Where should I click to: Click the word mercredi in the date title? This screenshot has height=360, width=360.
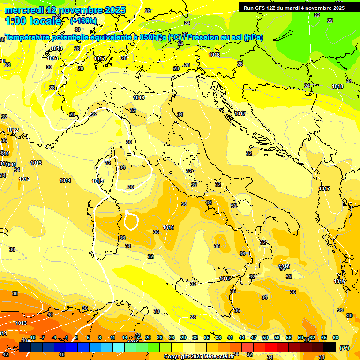(23, 10)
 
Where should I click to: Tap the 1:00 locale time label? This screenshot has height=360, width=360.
(33, 21)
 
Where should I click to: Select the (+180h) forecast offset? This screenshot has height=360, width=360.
(83, 21)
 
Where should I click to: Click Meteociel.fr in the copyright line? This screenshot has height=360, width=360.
(219, 357)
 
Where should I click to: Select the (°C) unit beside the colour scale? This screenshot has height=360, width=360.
(344, 348)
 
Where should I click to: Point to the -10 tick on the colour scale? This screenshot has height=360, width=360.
(32, 337)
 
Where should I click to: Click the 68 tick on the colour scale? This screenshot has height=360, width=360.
(336, 337)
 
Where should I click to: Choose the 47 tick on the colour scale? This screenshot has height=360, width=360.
(254, 337)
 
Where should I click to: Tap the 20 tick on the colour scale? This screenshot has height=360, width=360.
(148, 337)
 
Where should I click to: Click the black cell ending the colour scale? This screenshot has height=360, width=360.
(330, 347)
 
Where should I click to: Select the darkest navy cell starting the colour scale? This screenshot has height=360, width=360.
(25, 347)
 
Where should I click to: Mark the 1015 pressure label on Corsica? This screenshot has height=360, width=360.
(97, 181)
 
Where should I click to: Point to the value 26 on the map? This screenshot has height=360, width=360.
(240, 64)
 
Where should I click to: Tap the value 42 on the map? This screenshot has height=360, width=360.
(6, 354)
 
